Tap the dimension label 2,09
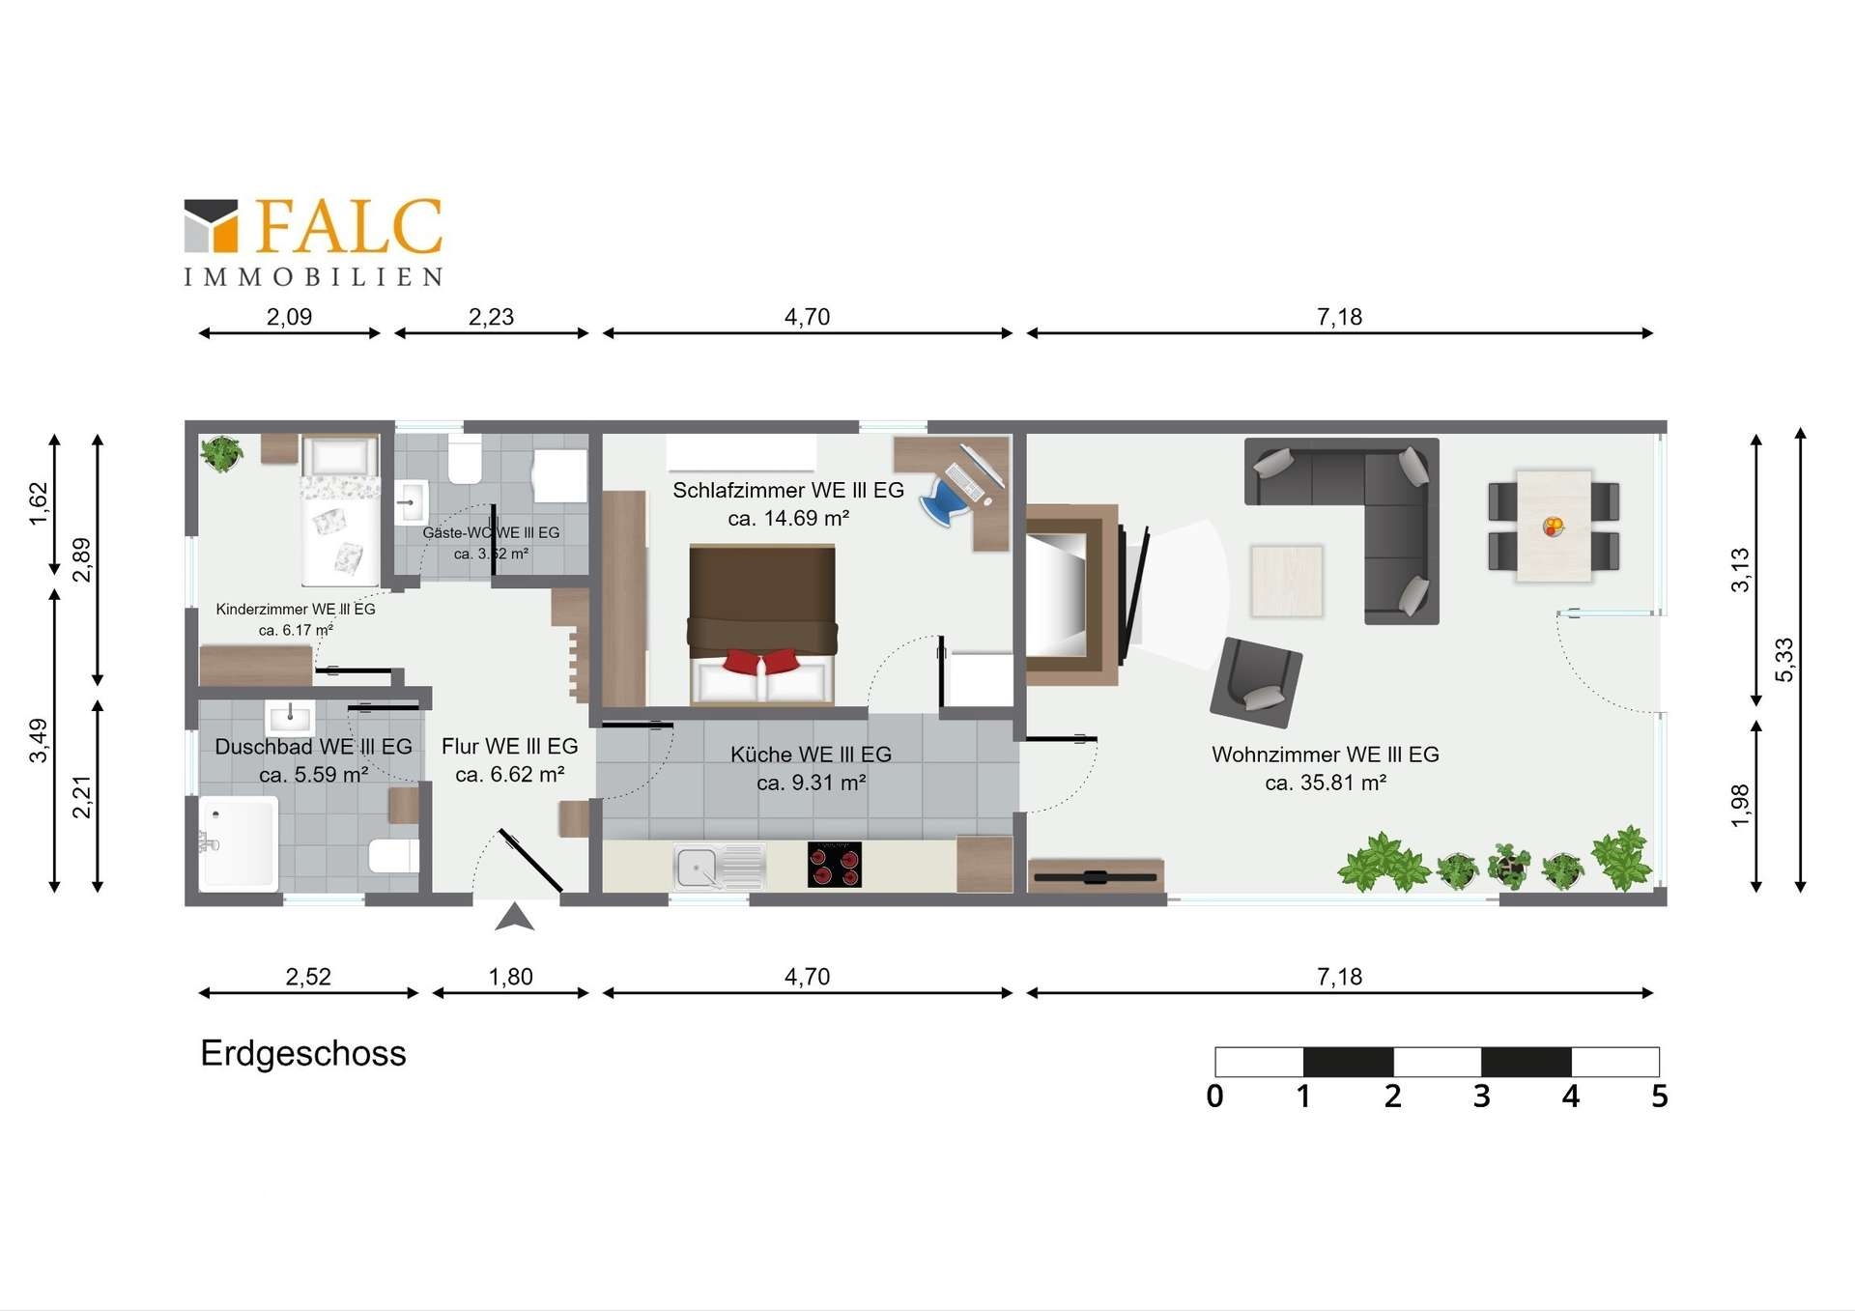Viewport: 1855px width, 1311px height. [289, 317]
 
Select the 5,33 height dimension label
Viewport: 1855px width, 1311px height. [1784, 660]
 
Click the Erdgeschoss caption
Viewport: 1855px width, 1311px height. [303, 1053]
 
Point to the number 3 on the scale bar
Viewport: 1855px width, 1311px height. [1481, 1097]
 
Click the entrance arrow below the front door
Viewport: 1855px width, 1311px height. [514, 917]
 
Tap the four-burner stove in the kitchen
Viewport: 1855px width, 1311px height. [835, 864]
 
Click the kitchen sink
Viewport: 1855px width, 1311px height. [720, 867]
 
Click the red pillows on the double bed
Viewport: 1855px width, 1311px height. [762, 662]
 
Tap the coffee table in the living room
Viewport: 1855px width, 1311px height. [1287, 581]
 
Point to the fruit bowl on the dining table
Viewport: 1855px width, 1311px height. [1554, 527]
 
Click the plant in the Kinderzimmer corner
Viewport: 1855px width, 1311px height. [222, 453]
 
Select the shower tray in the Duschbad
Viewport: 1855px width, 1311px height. [239, 842]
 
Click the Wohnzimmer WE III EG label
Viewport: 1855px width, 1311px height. [1326, 755]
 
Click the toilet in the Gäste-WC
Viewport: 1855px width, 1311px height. [465, 459]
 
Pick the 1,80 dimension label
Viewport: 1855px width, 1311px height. [510, 977]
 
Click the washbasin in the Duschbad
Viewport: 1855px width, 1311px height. [290, 719]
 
